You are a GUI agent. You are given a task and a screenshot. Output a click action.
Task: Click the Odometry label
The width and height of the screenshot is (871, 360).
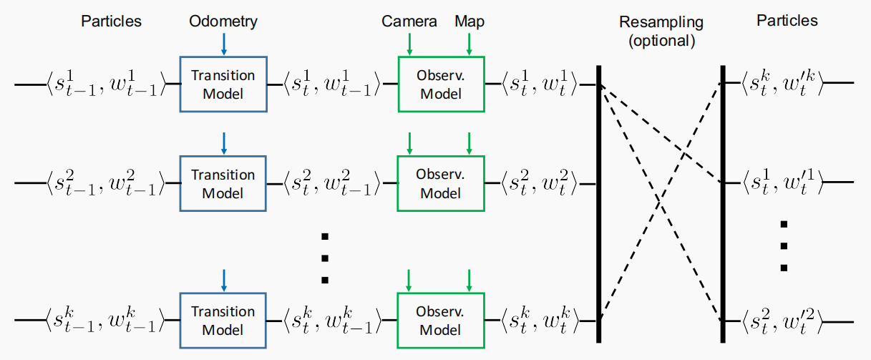(223, 21)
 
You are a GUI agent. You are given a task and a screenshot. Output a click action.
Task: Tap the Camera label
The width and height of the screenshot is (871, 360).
(409, 21)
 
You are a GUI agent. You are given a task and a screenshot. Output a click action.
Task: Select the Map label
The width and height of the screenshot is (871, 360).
(469, 21)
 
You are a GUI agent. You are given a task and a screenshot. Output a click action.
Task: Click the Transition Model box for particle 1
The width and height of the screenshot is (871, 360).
(223, 84)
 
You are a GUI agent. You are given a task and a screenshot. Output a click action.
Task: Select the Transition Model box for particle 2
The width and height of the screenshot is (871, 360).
(223, 184)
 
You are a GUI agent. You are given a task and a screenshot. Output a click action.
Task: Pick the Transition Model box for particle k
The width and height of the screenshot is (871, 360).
(223, 321)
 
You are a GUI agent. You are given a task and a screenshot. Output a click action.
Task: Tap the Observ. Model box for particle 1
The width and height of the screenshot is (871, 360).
(441, 84)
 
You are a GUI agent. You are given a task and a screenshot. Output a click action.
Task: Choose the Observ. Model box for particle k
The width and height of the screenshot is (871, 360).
(441, 321)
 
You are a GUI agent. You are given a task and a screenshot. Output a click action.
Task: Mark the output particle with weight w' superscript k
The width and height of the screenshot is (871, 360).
(783, 83)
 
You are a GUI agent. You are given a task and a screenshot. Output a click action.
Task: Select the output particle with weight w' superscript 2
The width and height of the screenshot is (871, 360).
(783, 321)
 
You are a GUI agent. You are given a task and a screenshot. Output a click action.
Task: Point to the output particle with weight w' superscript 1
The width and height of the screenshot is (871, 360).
(783, 184)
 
